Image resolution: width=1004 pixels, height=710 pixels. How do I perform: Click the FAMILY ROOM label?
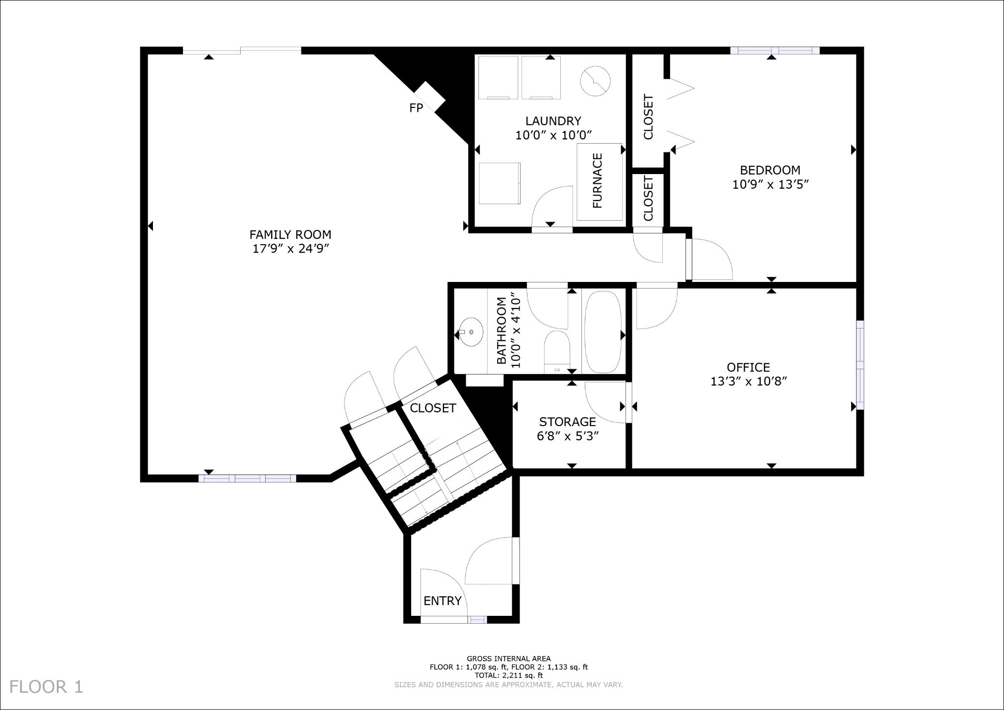point(290,235)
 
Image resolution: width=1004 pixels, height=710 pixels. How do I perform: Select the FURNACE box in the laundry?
point(600,181)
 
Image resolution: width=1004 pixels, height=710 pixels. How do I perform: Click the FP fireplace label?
point(416,108)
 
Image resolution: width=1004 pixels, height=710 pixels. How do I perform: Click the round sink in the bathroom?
point(471,332)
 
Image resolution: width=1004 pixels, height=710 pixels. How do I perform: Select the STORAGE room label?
point(567,422)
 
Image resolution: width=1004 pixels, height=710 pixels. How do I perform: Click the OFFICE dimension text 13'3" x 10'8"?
point(749,381)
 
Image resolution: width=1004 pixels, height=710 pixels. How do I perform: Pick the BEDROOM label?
point(770,170)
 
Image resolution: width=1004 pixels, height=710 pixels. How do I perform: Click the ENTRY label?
point(442,601)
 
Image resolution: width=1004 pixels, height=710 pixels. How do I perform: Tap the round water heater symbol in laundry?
point(595,81)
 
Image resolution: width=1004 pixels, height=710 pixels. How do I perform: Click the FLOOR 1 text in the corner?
point(46,686)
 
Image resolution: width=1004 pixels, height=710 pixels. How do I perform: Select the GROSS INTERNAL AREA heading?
point(508,659)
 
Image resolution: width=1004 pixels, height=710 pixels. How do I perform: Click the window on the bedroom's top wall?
point(775,51)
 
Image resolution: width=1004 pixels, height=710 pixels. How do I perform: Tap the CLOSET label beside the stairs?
point(433,408)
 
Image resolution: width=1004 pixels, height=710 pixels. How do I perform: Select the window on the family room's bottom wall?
point(248,479)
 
